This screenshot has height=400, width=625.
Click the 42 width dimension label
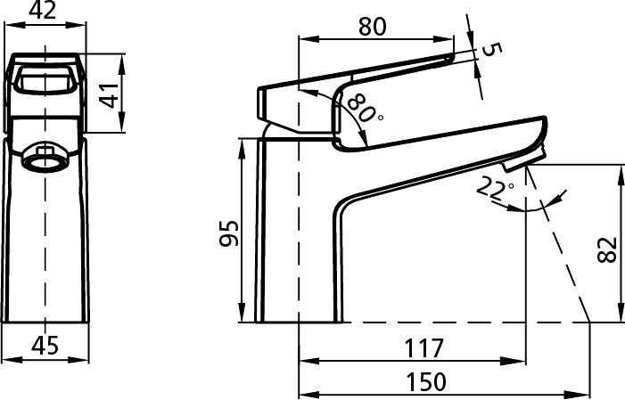[43, 10]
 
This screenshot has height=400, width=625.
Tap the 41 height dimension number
[109, 94]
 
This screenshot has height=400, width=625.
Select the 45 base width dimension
[45, 346]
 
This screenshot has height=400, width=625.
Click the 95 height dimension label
[229, 233]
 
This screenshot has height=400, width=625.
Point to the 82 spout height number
[607, 249]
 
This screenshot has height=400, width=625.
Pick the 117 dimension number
[424, 347]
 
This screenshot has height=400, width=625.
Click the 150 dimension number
[426, 381]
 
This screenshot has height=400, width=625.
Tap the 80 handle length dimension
[373, 27]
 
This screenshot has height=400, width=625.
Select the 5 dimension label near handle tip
[491, 49]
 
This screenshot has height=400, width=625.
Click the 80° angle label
[364, 109]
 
